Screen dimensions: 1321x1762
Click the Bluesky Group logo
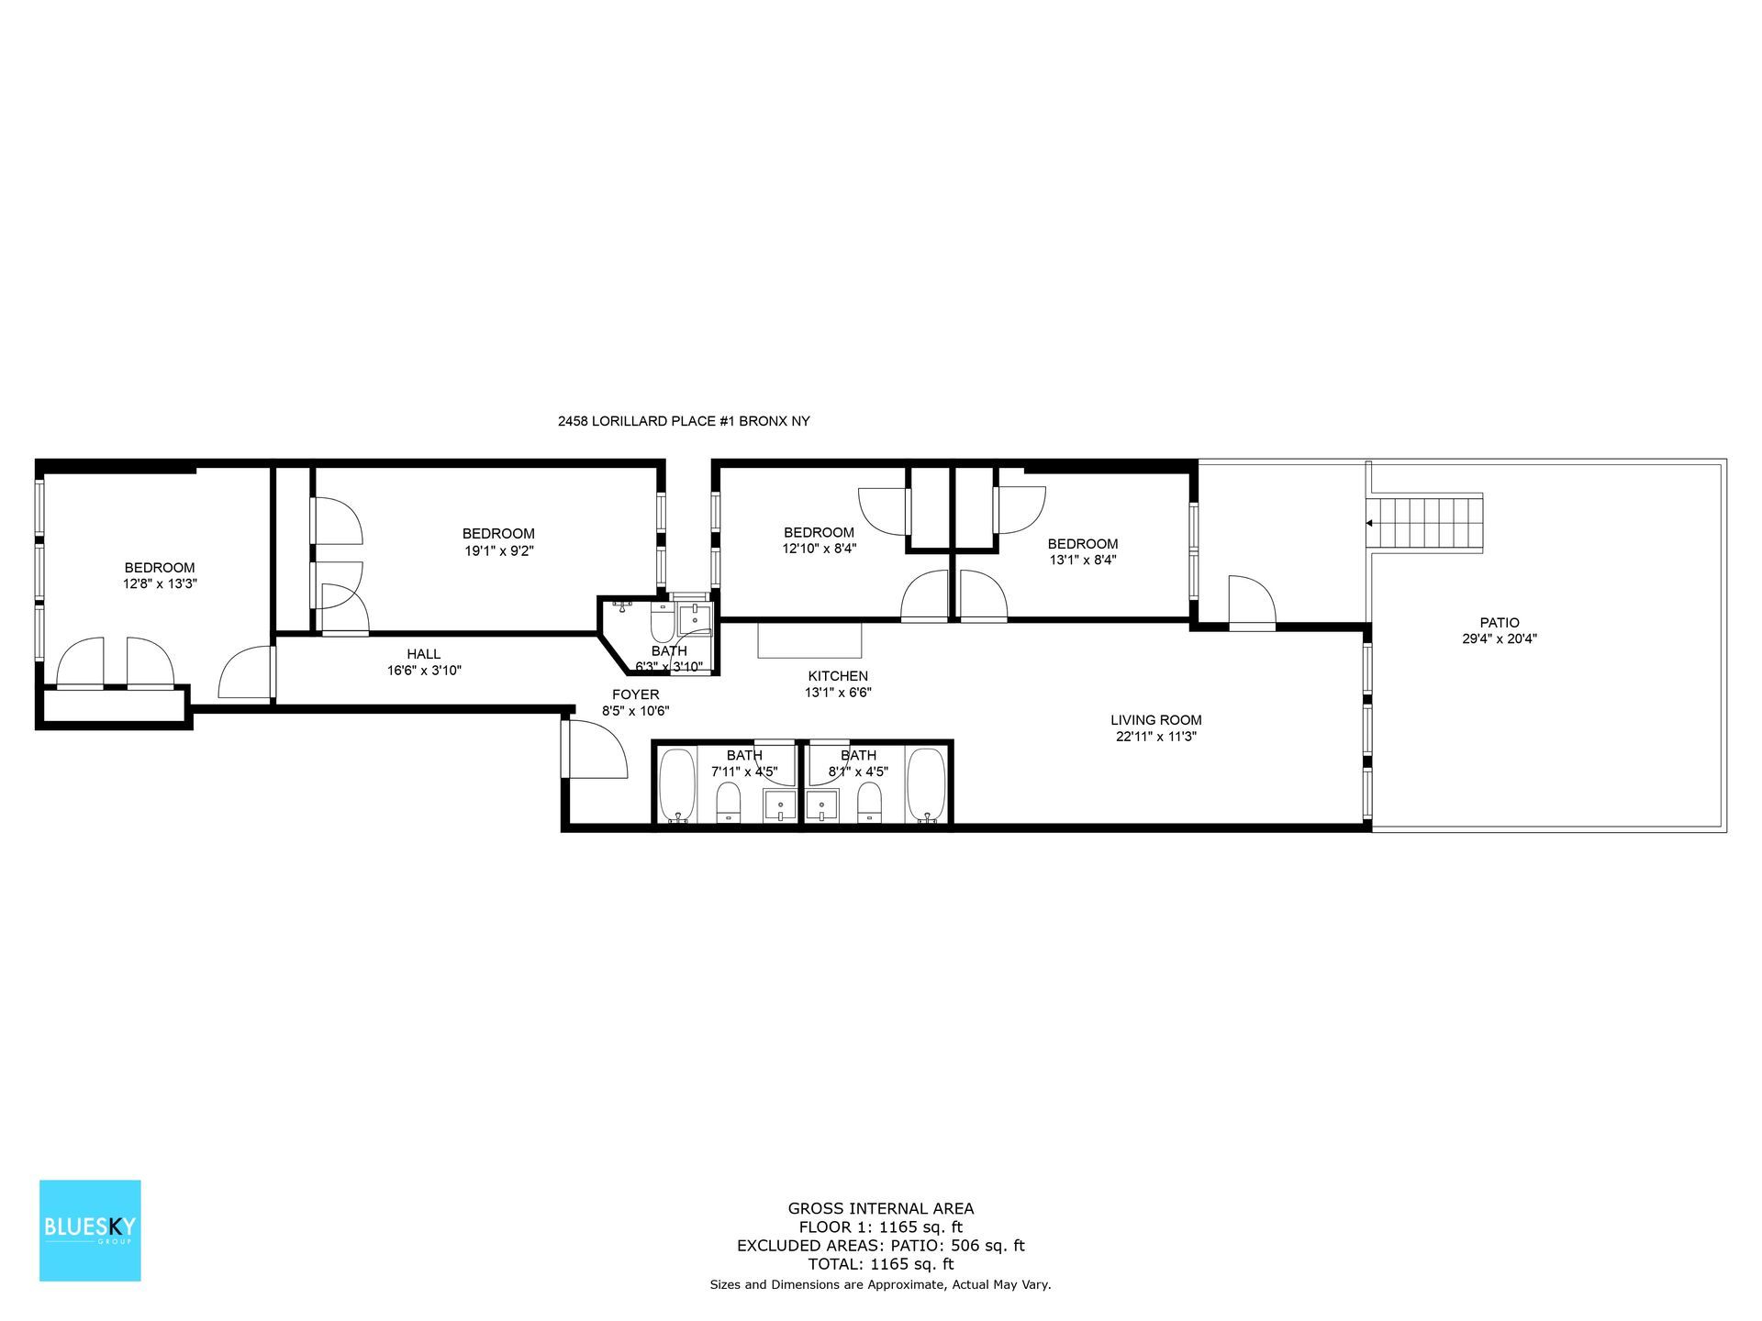coord(90,1230)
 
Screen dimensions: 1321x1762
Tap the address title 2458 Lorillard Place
coord(684,422)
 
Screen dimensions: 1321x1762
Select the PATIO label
coord(1499,622)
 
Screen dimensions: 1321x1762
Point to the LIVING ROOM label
coord(1155,720)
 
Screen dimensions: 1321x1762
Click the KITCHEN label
coord(837,676)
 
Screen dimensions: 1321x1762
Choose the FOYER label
coord(635,694)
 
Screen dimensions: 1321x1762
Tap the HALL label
coord(424,654)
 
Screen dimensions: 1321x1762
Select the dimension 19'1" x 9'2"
coord(498,550)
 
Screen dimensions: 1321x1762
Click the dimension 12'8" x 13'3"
coord(160,583)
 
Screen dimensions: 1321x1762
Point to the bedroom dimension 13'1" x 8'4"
coord(1083,560)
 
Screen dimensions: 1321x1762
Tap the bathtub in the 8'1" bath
coord(926,785)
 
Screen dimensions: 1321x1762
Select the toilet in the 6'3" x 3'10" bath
coord(662,624)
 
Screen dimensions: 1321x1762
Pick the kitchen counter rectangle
coord(810,639)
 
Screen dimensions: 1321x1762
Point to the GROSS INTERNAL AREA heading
coord(880,1209)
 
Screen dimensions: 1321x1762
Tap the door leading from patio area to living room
coord(1252,603)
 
